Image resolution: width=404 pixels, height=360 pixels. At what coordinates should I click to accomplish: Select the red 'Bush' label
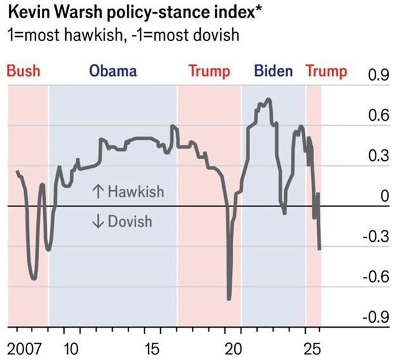point(23,70)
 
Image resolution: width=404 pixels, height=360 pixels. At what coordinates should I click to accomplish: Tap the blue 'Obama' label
point(113,70)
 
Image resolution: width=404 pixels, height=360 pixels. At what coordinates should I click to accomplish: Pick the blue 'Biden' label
point(273,70)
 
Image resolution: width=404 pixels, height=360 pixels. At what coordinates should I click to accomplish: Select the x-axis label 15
point(153,347)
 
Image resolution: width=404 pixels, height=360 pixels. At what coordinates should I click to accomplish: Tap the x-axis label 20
point(234,347)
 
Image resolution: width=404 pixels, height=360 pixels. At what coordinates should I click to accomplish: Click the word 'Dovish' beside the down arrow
point(130,221)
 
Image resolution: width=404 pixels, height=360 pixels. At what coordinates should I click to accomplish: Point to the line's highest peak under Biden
point(268,99)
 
